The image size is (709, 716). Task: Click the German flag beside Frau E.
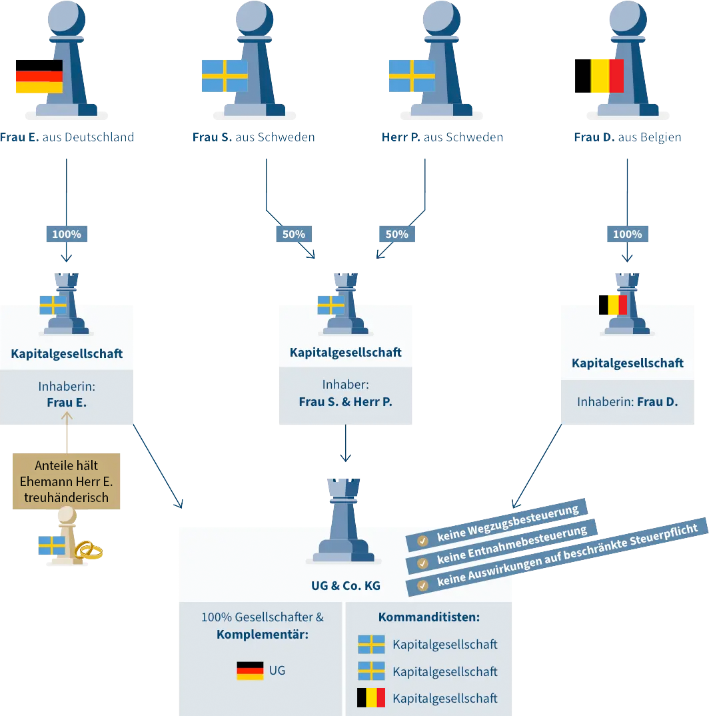click(x=39, y=76)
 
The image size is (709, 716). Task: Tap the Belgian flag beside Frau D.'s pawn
click(x=599, y=75)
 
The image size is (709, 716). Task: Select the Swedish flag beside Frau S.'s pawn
click(x=225, y=76)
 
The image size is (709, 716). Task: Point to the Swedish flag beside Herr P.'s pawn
click(x=411, y=76)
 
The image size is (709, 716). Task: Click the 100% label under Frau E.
click(x=67, y=234)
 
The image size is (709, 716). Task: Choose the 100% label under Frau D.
click(x=627, y=234)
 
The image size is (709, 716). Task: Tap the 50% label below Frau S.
click(x=294, y=234)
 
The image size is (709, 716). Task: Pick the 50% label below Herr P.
click(x=396, y=234)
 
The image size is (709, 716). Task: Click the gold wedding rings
click(x=88, y=550)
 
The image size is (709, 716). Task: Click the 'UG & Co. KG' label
click(x=345, y=585)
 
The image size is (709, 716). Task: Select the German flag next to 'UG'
click(x=250, y=671)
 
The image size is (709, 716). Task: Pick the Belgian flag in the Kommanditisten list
click(x=371, y=698)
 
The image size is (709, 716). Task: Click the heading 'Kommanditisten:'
click(x=428, y=617)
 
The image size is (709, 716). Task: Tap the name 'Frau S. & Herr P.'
click(x=345, y=402)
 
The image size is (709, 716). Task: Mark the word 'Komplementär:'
click(x=262, y=634)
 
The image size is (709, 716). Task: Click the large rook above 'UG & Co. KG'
click(x=345, y=523)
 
